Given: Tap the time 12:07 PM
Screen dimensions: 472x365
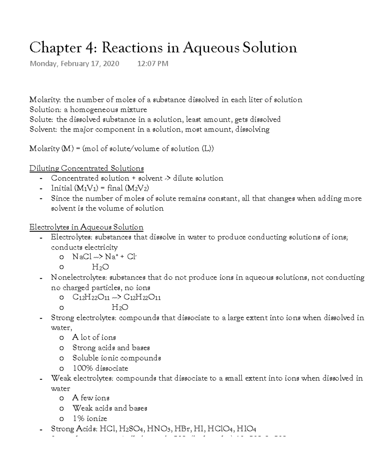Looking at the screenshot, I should pyautogui.click(x=152, y=64).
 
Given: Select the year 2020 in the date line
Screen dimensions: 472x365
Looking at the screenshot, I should pyautogui.click(x=111, y=64).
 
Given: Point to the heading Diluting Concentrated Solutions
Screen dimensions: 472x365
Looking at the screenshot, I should pyautogui.click(x=86, y=168).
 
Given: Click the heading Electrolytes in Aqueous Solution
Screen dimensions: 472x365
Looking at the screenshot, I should pyautogui.click(x=86, y=227).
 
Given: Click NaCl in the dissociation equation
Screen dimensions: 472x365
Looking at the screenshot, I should pyautogui.click(x=82, y=257).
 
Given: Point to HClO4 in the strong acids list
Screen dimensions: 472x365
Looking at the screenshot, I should pyautogui.click(x=220, y=429).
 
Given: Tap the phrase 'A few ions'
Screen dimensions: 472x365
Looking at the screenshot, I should pyautogui.click(x=91, y=398).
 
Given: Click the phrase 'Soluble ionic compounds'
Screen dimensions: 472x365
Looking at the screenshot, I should pyautogui.click(x=116, y=358).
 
